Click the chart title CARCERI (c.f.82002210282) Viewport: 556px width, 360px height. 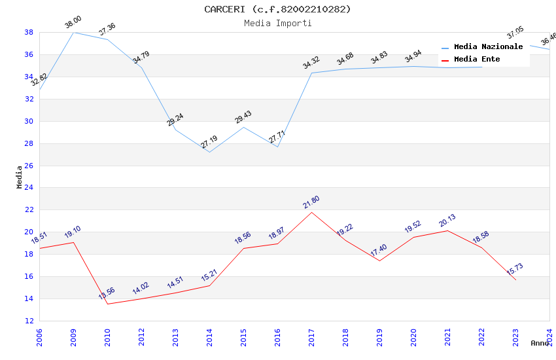(x=277, y=9)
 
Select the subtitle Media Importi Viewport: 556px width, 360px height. (x=277, y=23)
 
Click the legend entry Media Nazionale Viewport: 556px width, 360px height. (x=488, y=47)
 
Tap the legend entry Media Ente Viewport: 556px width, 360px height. (x=477, y=60)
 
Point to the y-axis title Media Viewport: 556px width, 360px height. (x=20, y=177)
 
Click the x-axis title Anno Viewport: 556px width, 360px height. (x=540, y=343)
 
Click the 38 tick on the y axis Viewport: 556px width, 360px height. (x=29, y=32)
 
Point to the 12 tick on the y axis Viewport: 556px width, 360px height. (x=29, y=321)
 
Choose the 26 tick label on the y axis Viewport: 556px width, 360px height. (x=29, y=166)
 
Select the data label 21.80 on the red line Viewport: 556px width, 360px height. (x=311, y=203)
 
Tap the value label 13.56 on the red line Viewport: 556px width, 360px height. (x=107, y=294)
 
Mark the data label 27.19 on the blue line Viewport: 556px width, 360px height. (x=209, y=142)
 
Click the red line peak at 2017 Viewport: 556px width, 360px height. (x=311, y=212)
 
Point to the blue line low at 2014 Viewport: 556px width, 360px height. (x=209, y=152)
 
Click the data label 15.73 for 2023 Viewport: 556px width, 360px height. (x=515, y=270)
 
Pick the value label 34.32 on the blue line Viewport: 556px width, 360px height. (x=311, y=63)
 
